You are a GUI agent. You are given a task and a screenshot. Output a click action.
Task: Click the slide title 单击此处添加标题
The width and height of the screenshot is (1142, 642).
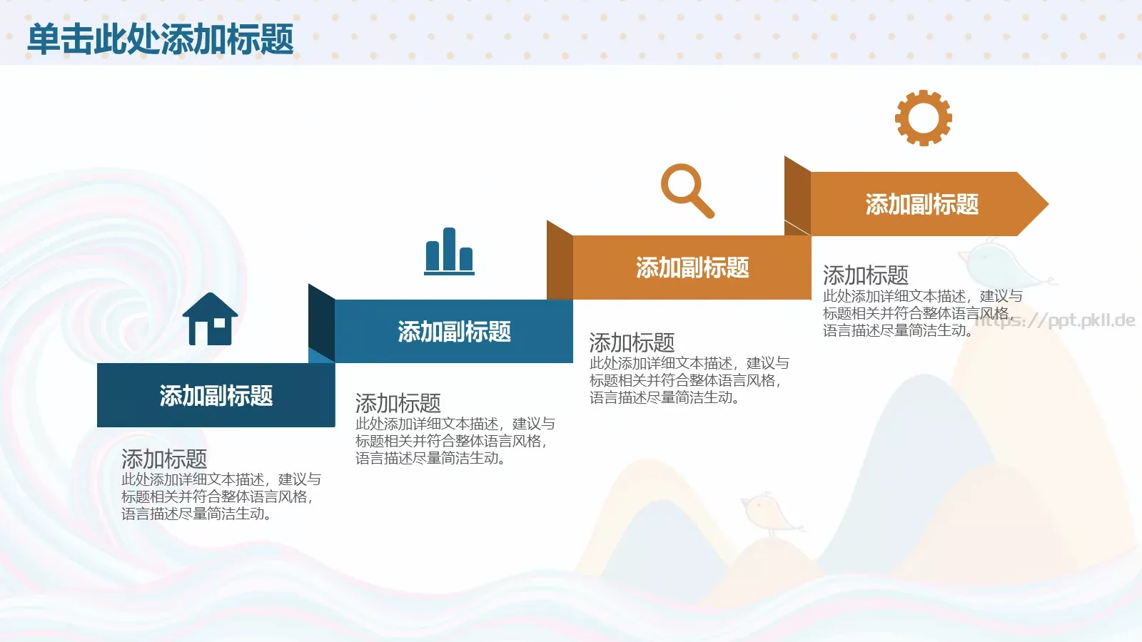pyautogui.click(x=161, y=39)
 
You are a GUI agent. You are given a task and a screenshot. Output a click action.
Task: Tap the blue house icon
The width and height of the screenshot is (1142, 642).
pyautogui.click(x=210, y=320)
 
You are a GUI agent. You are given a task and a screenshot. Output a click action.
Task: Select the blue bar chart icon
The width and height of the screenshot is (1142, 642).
pyautogui.click(x=450, y=251)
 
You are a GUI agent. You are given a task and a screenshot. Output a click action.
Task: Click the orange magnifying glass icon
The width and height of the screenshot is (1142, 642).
pyautogui.click(x=686, y=190)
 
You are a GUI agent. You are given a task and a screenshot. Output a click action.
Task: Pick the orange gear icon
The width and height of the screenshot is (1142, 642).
pyautogui.click(x=924, y=118)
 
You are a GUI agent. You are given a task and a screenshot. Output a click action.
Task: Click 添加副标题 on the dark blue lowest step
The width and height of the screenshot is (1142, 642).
pyautogui.click(x=216, y=395)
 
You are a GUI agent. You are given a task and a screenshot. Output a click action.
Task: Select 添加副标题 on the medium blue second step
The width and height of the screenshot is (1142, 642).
pyautogui.click(x=454, y=332)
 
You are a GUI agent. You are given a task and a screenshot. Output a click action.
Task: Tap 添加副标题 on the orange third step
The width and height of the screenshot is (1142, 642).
pyautogui.click(x=692, y=268)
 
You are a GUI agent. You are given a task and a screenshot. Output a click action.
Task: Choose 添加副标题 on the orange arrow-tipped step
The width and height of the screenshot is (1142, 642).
pyautogui.click(x=921, y=205)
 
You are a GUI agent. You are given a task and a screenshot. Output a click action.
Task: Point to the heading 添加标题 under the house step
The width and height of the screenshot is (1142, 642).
pyautogui.click(x=164, y=459)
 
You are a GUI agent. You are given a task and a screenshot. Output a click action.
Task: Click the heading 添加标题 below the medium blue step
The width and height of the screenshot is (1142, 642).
pyautogui.click(x=398, y=404)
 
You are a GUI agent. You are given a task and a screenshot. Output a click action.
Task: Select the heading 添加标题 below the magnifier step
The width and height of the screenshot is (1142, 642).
pyautogui.click(x=632, y=343)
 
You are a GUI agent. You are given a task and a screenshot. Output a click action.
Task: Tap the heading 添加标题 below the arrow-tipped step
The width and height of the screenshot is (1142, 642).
pyautogui.click(x=865, y=275)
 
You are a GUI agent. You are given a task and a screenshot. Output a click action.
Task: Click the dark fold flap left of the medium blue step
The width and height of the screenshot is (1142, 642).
pyautogui.click(x=321, y=321)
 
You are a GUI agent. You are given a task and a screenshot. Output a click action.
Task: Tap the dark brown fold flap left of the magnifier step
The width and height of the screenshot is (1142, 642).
pyautogui.click(x=560, y=260)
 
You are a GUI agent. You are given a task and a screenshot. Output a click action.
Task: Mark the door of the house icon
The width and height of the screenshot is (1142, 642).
pyautogui.click(x=202, y=333)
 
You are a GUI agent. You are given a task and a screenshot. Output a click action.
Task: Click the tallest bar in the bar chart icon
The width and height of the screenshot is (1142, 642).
pyautogui.click(x=449, y=249)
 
